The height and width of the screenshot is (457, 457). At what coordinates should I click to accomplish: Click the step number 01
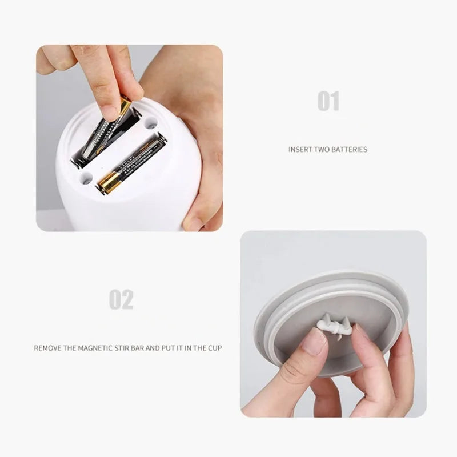pyautogui.click(x=328, y=102)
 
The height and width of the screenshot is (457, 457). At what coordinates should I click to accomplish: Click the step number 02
pyautogui.click(x=121, y=299)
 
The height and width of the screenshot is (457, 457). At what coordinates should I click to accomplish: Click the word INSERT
pyautogui.click(x=300, y=150)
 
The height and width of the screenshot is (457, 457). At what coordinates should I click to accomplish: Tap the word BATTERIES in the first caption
pyautogui.click(x=349, y=150)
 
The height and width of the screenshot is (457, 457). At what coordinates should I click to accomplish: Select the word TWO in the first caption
pyautogui.click(x=322, y=150)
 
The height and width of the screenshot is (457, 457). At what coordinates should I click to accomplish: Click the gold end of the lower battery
pyautogui.click(x=110, y=181)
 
